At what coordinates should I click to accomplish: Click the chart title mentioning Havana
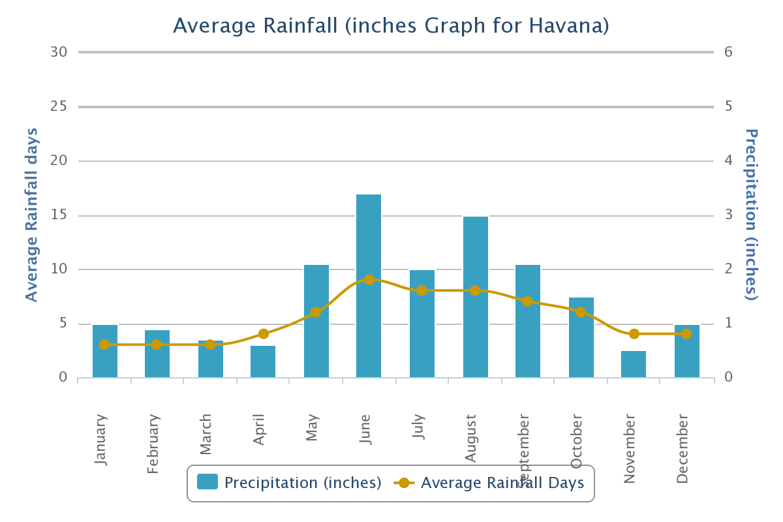[x=391, y=25]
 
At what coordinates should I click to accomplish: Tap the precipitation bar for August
[x=476, y=297]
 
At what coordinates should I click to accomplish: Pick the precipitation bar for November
[x=634, y=364]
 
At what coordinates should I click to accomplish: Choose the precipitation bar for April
[x=263, y=361]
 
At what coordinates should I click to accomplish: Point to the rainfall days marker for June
[x=369, y=280]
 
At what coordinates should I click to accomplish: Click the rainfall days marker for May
[x=316, y=312]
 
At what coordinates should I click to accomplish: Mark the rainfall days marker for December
[x=686, y=333]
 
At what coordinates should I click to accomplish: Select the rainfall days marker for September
[x=527, y=301]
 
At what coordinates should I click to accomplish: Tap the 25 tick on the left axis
[x=59, y=106]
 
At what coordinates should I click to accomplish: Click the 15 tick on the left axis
[x=59, y=215]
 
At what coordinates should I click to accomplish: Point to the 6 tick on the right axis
[x=729, y=52]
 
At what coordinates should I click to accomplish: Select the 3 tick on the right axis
[x=729, y=215]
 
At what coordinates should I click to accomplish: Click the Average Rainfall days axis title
[x=31, y=215]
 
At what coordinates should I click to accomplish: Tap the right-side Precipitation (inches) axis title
[x=752, y=215]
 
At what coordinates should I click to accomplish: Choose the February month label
[x=153, y=444]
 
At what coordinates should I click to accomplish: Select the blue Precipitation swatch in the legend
[x=208, y=483]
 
